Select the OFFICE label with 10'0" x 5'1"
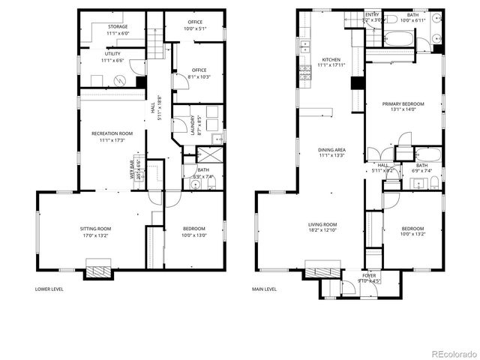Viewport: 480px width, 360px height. coord(193,26)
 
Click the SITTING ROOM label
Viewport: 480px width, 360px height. coord(96,232)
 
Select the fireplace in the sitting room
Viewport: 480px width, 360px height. coord(98,269)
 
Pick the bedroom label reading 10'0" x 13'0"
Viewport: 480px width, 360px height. coord(193,232)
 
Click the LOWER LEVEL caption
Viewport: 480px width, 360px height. coord(50,289)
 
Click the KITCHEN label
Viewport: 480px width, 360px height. coord(331,62)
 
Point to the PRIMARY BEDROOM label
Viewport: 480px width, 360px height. coord(403,106)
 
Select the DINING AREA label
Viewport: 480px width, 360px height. coord(331,153)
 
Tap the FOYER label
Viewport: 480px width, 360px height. coord(370,278)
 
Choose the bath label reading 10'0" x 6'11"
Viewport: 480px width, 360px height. coord(413,17)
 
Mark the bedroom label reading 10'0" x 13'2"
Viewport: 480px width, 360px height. coord(412,232)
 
